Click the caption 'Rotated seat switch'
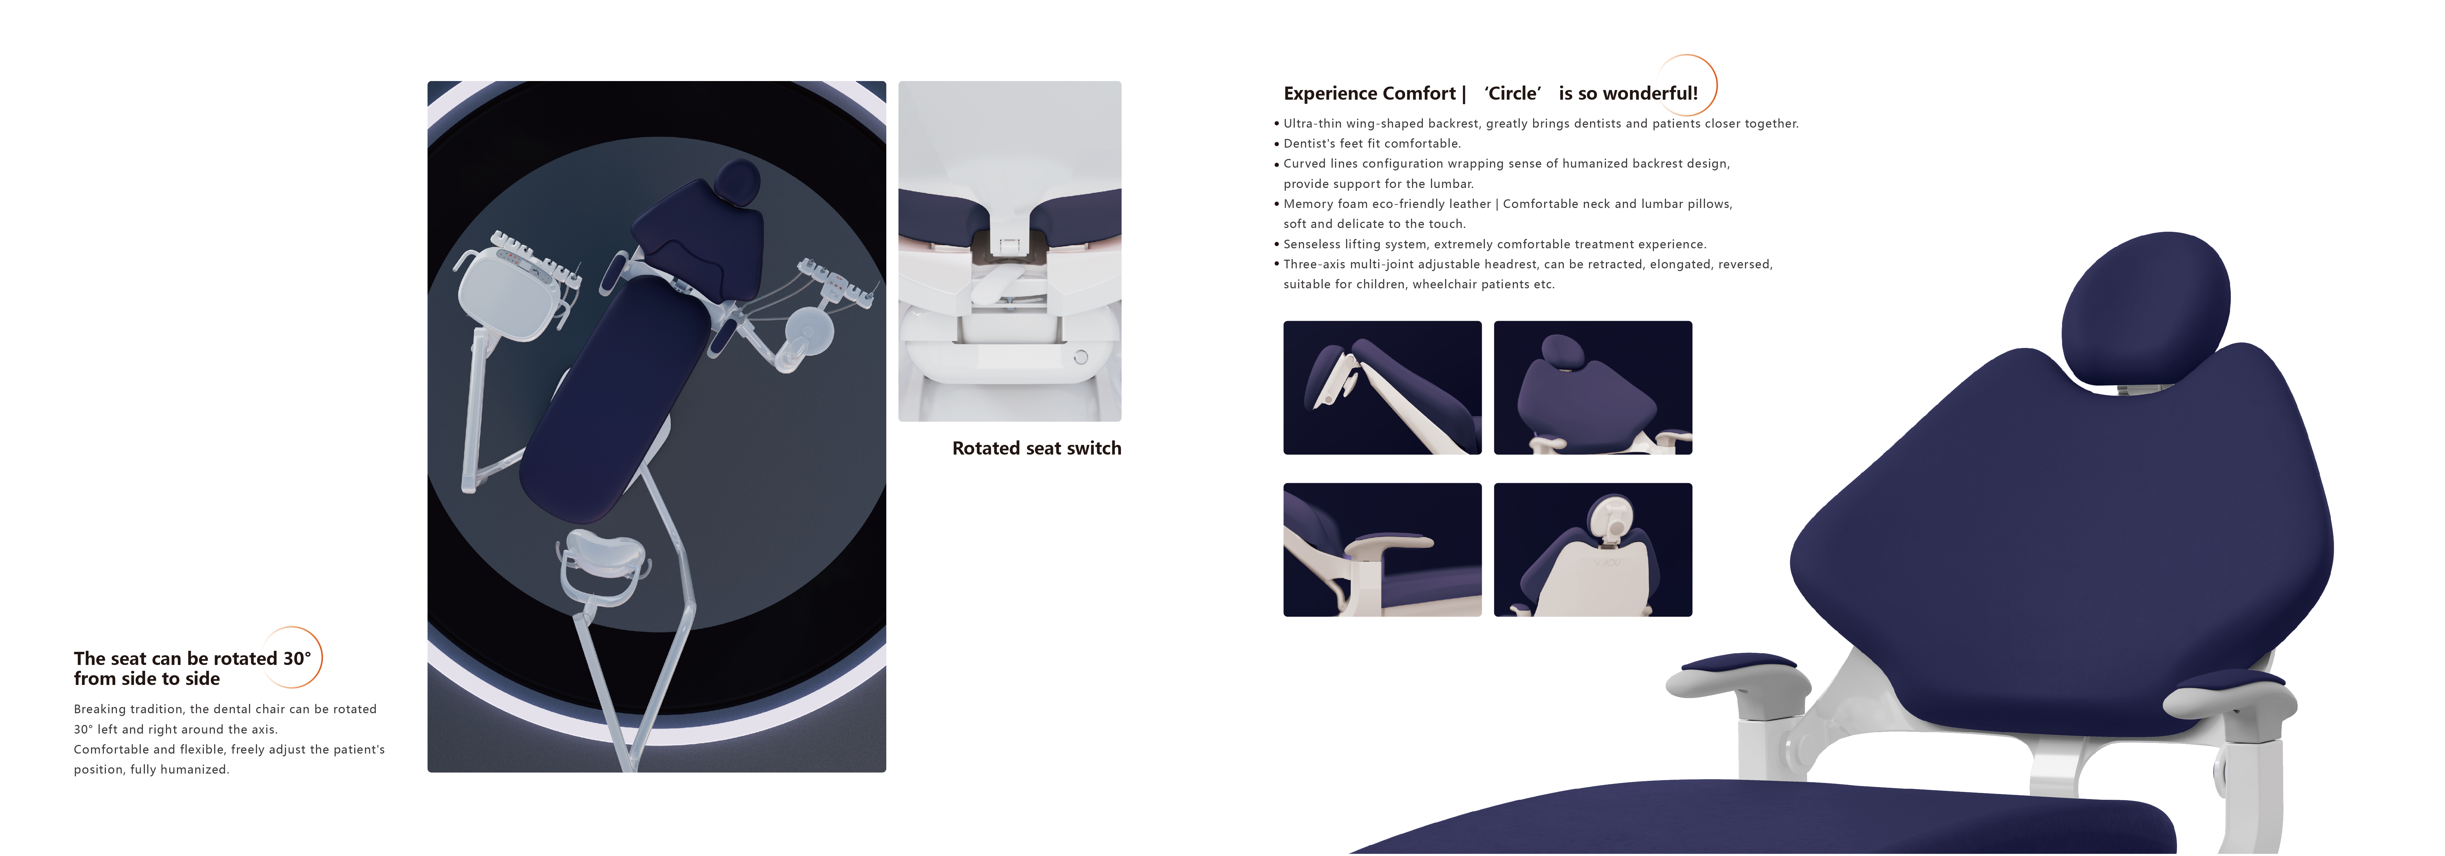coord(1036,448)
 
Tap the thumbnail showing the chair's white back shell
coord(1593,549)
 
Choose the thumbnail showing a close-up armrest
coord(1382,549)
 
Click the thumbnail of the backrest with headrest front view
coord(1593,387)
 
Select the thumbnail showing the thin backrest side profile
coord(1382,387)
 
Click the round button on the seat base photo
coord(1080,357)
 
